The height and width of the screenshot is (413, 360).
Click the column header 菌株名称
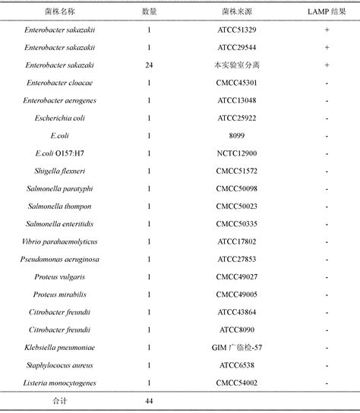pos(58,12)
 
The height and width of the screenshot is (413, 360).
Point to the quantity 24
pos(149,65)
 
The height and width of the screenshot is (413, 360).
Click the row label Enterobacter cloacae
pos(58,83)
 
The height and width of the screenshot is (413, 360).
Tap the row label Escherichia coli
pos(58,118)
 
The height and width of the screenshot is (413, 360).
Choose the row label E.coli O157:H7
pos(58,153)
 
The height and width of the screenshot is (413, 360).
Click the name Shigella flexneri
pos(58,171)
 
